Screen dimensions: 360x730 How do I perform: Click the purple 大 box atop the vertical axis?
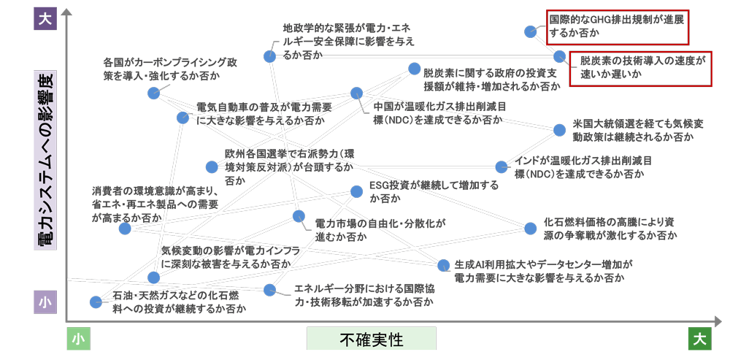pyautogui.click(x=45, y=18)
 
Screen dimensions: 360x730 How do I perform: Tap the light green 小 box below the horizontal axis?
pyautogui.click(x=79, y=339)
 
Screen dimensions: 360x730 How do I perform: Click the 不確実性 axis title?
pyautogui.click(x=371, y=339)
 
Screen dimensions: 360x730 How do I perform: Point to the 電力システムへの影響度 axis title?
pyautogui.click(x=45, y=161)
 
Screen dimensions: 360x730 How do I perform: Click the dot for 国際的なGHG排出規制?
pyautogui.click(x=531, y=31)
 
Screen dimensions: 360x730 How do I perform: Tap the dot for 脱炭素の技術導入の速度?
pyautogui.click(x=559, y=55)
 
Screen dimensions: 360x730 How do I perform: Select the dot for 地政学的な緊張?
pyautogui.click(x=269, y=55)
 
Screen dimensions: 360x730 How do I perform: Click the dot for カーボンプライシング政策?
pyautogui.click(x=153, y=93)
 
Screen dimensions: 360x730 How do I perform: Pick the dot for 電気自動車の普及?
pyautogui.click(x=182, y=117)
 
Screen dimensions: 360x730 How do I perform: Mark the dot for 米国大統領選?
pyautogui.click(x=559, y=130)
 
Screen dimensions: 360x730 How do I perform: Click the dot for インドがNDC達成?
pyautogui.click(x=502, y=167)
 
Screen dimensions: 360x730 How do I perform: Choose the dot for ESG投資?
pyautogui.click(x=356, y=191)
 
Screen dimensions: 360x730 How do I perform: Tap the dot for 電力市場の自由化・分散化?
pyautogui.click(x=299, y=216)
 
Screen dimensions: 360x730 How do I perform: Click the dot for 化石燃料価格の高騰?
pyautogui.click(x=531, y=228)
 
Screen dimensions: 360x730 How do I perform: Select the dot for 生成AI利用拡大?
pyautogui.click(x=443, y=265)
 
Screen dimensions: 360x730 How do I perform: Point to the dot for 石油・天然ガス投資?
pyautogui.click(x=96, y=302)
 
